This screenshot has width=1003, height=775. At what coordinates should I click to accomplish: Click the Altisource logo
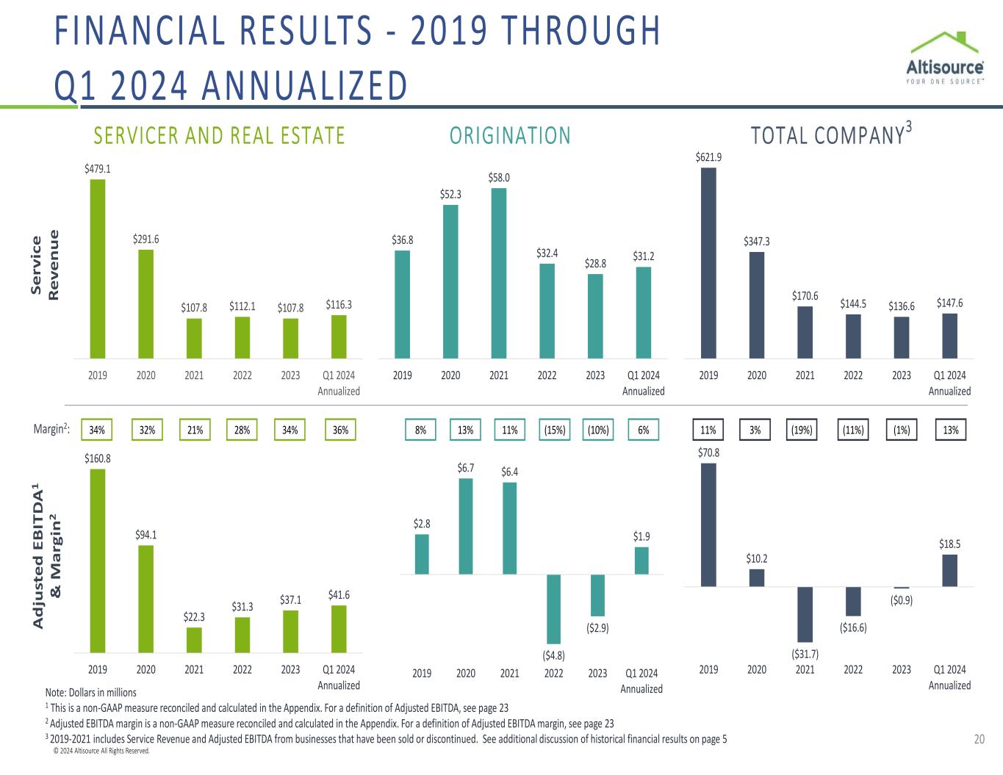pos(945,59)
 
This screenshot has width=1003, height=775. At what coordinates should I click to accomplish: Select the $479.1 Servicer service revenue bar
pos(98,269)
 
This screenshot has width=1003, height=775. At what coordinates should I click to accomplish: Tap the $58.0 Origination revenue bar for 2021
pos(499,273)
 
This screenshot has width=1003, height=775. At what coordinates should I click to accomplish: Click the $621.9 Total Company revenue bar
pos(708,263)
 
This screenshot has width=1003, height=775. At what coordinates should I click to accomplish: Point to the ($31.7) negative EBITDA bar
pos(805,614)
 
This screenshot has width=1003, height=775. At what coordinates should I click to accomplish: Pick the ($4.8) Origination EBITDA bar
pos(553,609)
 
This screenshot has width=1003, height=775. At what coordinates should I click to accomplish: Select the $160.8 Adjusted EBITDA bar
pos(98,560)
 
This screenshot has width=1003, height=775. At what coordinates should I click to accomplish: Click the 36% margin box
pos(340,430)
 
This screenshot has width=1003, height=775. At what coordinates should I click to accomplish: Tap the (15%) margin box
pos(554,430)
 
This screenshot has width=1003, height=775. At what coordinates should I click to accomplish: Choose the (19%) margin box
pos(802,430)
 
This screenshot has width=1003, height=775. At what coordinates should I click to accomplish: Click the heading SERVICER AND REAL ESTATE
pos(219,136)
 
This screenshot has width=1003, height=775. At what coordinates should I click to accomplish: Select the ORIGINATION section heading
pos(510,136)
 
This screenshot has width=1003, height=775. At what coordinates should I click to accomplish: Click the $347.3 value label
pos(757,241)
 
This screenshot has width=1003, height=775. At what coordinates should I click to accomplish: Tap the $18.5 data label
pos(949,544)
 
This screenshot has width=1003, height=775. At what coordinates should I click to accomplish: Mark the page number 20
pos(979,740)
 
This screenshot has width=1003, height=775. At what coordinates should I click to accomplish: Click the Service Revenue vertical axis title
pos(44,265)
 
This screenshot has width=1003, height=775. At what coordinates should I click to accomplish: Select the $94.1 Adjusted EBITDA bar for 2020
pos(146,599)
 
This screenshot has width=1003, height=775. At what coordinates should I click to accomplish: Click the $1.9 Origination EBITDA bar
pos(641,560)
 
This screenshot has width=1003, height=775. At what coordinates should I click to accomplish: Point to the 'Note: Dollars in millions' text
pos(91,692)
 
